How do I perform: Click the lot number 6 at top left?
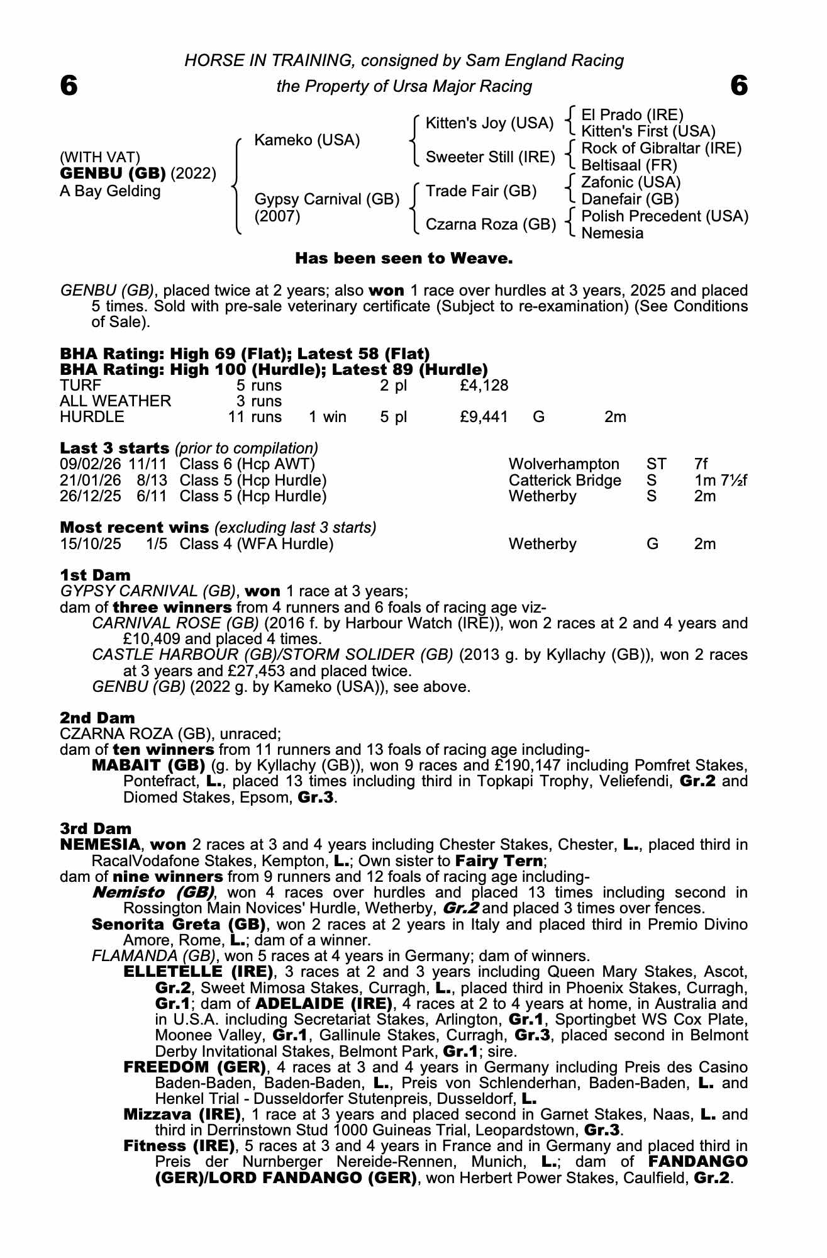[69, 86]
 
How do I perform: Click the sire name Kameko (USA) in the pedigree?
[306, 140]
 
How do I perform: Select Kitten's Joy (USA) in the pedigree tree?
[489, 123]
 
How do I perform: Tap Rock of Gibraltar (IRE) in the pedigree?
[661, 148]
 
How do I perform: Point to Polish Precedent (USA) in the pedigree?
[665, 216]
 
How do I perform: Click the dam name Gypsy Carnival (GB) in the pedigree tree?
[326, 199]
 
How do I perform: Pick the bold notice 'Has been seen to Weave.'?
[404, 258]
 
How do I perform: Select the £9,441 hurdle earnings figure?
[484, 416]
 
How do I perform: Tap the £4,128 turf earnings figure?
[484, 385]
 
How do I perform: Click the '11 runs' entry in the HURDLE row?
[255, 416]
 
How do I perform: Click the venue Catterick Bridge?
[564, 481]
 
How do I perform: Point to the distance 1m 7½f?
[720, 481]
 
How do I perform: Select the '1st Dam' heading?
[95, 575]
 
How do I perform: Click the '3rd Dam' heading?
[96, 828]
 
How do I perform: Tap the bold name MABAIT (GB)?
[148, 765]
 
